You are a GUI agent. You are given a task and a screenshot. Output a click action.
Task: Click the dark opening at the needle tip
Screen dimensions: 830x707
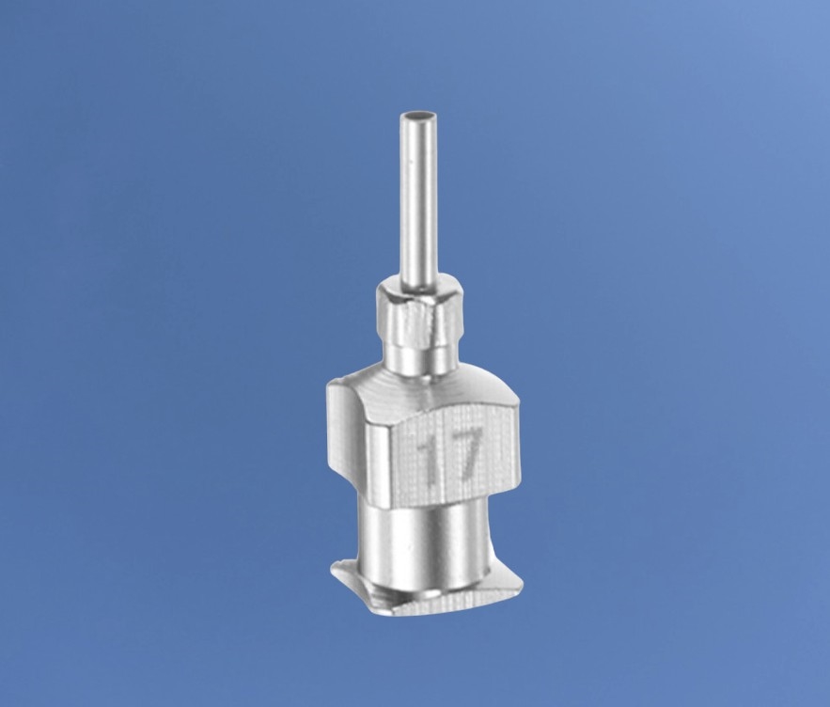415,116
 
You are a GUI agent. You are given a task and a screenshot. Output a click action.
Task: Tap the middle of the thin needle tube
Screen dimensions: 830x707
415,201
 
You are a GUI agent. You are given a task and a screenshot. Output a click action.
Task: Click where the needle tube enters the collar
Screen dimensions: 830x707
416,288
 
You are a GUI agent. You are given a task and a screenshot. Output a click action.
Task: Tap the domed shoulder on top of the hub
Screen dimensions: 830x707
424,392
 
